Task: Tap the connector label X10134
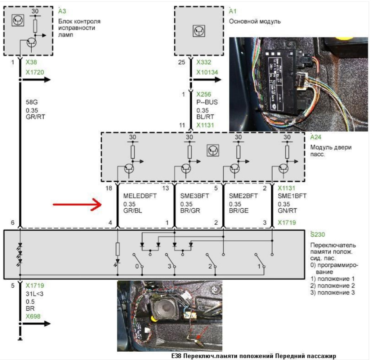207,72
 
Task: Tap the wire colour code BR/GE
238,211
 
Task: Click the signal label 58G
31,102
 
